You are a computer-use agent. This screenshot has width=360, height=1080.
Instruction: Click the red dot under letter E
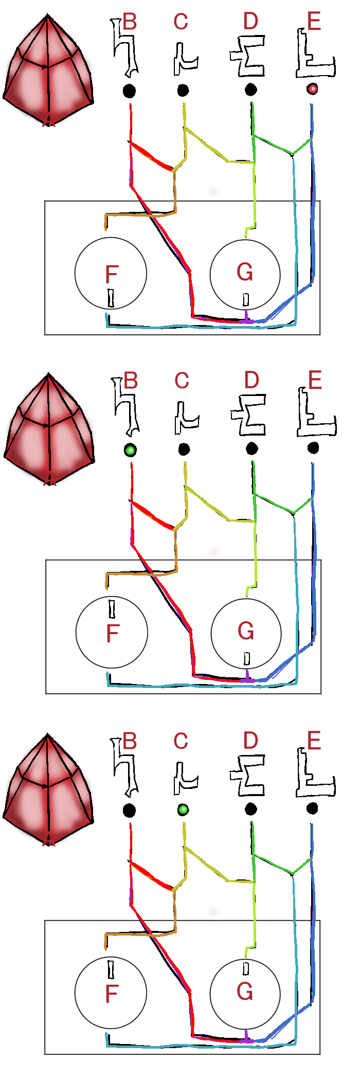(x=312, y=89)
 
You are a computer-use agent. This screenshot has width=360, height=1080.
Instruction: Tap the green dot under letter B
(x=130, y=451)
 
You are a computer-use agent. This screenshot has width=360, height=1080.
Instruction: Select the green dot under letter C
(x=183, y=810)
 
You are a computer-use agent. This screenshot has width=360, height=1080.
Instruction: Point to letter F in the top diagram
(x=112, y=275)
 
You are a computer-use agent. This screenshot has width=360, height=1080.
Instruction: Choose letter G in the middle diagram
(x=246, y=631)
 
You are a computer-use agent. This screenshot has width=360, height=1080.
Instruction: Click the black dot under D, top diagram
(x=250, y=90)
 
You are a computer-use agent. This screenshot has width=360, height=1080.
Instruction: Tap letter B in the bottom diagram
(x=130, y=741)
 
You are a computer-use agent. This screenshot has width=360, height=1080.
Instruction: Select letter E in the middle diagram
(x=315, y=381)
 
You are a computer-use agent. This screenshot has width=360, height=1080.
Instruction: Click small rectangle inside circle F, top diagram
(x=111, y=298)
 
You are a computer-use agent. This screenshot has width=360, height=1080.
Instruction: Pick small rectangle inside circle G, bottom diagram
(x=246, y=969)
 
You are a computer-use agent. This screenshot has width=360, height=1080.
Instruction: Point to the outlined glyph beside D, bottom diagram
(x=248, y=776)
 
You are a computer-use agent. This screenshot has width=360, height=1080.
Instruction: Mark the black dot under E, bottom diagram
(x=312, y=809)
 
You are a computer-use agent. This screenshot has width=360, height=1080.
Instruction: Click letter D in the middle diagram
(x=251, y=381)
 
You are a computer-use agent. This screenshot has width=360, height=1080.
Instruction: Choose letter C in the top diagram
(x=181, y=22)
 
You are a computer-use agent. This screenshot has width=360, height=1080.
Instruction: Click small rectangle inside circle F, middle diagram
(x=112, y=608)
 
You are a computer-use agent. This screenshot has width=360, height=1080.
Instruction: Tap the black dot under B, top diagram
(x=129, y=92)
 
